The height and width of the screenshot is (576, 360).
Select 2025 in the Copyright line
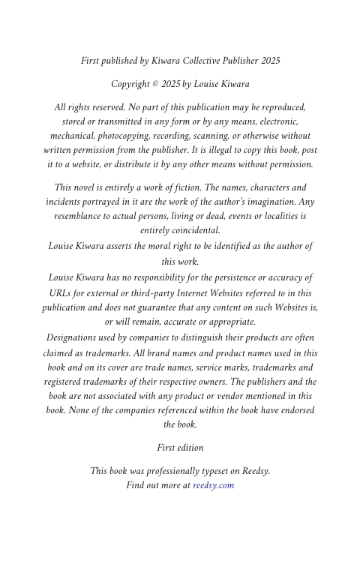click(171, 84)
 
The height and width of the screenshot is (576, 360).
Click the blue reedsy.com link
click(214, 485)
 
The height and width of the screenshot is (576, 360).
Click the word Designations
click(77, 338)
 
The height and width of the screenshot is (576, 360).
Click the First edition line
click(180, 448)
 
